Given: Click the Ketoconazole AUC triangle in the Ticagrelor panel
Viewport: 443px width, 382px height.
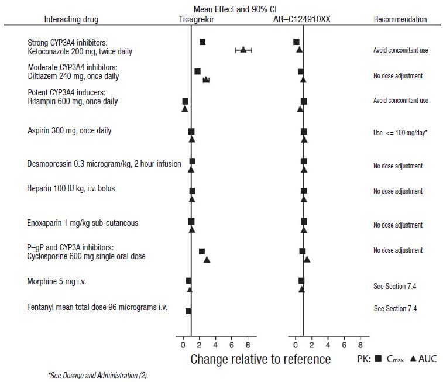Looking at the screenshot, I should coord(243,50).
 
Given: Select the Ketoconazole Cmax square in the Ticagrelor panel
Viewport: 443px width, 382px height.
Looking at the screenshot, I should coord(202,42).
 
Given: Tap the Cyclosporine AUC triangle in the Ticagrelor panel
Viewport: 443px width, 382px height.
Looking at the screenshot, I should coord(207,259).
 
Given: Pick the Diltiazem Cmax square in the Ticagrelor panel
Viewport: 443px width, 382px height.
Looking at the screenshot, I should coord(197,71).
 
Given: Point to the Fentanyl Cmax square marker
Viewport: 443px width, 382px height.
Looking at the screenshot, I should coord(188,311).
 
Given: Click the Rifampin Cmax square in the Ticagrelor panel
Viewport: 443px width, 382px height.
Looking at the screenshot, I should coord(186,102).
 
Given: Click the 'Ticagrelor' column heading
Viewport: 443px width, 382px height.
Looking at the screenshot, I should coord(196,19).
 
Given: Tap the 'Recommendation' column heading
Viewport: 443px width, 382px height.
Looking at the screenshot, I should coord(400,19).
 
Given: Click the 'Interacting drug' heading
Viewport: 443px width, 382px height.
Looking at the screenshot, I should coord(71,19).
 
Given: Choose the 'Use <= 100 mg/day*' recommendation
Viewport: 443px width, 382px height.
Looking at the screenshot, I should coord(400,133).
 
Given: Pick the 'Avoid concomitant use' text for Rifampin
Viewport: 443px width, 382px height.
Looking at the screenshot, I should coord(400,101).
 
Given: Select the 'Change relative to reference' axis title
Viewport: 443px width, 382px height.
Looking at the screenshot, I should coord(260,359).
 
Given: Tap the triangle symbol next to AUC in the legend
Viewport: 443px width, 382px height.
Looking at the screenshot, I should coord(413,359).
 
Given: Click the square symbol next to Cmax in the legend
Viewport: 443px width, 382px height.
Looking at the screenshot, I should coord(378,359).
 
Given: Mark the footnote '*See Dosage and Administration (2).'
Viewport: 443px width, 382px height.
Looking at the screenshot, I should coord(98,375).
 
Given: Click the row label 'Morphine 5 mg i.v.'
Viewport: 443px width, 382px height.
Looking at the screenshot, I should coord(61,281).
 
